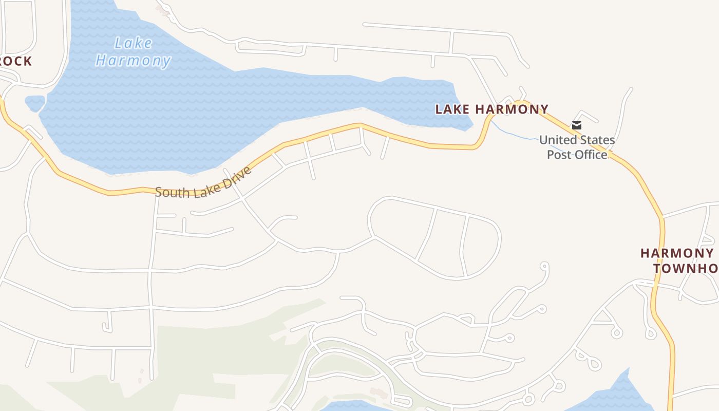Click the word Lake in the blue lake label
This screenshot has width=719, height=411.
(x=134, y=43)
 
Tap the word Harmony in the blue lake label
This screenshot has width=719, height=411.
(x=133, y=61)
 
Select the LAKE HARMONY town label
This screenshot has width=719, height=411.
(x=491, y=109)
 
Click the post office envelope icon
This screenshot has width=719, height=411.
(x=577, y=125)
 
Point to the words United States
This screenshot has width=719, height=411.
(x=577, y=140)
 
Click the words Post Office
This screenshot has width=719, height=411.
(x=577, y=154)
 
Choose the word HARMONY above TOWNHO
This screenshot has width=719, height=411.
(x=677, y=253)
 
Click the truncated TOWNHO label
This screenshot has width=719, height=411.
(x=686, y=268)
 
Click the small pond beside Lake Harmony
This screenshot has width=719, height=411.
(x=35, y=103)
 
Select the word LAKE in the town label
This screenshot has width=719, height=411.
(x=452, y=109)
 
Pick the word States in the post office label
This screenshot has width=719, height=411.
(x=596, y=140)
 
